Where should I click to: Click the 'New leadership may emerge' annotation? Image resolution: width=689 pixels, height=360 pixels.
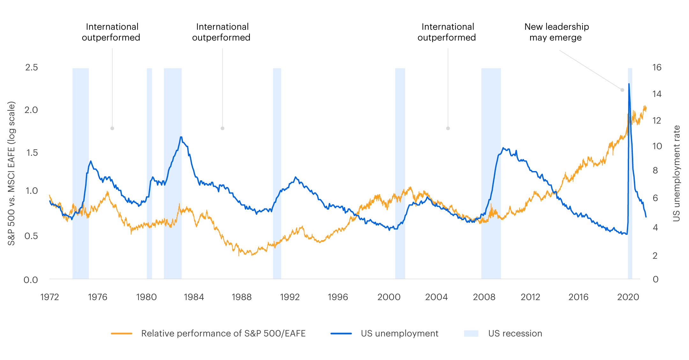point(556,32)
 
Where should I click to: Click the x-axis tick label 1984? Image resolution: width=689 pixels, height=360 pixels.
point(194,297)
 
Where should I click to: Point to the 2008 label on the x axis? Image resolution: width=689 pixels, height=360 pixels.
point(484,297)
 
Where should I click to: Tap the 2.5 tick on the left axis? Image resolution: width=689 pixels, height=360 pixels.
point(31,67)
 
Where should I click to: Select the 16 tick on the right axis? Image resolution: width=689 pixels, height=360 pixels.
point(657,67)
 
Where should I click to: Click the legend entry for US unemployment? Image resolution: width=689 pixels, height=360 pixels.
point(399,334)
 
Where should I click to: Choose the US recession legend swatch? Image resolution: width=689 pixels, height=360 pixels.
point(471,334)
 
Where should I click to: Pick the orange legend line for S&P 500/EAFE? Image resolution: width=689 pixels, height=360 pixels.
point(122,334)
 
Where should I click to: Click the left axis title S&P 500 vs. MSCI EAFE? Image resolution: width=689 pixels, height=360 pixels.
point(11,173)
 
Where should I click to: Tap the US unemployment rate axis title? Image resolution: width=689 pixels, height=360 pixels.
point(677,173)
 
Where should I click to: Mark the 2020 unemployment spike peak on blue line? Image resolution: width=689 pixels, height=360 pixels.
point(629,84)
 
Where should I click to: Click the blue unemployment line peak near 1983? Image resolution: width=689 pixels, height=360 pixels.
point(181,137)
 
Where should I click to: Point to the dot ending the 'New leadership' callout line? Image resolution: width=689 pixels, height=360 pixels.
point(622,90)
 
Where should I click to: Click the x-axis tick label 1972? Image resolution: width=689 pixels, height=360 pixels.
point(49,297)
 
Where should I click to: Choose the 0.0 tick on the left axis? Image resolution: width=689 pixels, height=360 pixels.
point(31,280)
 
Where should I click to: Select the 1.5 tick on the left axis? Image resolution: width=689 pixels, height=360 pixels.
point(31,153)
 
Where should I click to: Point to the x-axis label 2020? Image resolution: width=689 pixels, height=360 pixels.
point(628,297)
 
